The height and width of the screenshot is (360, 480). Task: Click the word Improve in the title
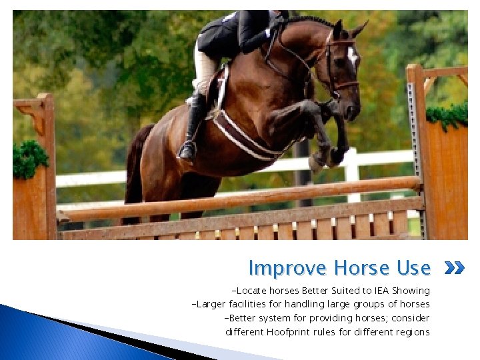(x=288, y=268)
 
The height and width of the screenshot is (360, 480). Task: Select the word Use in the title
(x=413, y=268)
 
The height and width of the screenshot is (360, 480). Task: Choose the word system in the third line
(x=273, y=318)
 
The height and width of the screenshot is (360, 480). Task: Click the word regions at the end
(x=411, y=332)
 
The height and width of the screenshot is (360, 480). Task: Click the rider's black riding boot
(x=193, y=130)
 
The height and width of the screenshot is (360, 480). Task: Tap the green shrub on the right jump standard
(x=447, y=115)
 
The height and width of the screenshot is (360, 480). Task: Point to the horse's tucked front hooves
(x=327, y=157)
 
